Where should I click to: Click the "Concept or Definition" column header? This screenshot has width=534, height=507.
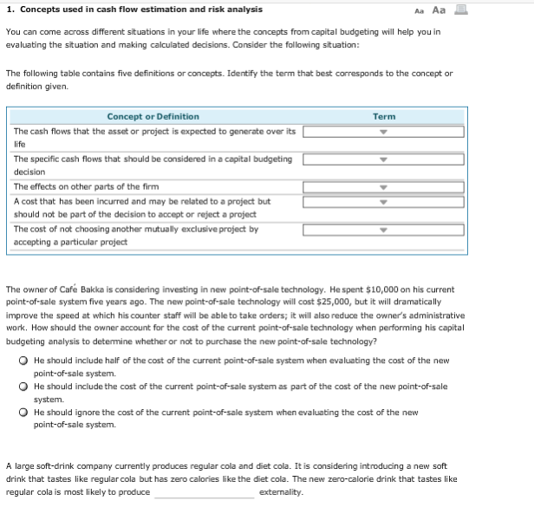[153, 116]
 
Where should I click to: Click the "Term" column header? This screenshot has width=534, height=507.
[383, 116]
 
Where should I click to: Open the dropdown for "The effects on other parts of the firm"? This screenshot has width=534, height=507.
[383, 186]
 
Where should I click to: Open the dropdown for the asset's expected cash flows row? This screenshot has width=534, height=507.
[383, 133]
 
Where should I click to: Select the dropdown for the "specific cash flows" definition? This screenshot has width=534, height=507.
[383, 159]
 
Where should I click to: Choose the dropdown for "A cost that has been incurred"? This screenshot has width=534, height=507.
[383, 202]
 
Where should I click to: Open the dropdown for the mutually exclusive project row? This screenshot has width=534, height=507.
[383, 231]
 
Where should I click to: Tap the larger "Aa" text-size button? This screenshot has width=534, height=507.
[462, 10]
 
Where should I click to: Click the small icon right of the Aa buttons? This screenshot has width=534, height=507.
[483, 10]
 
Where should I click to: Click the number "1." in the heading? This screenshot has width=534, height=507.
[10, 10]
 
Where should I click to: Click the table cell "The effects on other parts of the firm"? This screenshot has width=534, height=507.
[86, 186]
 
